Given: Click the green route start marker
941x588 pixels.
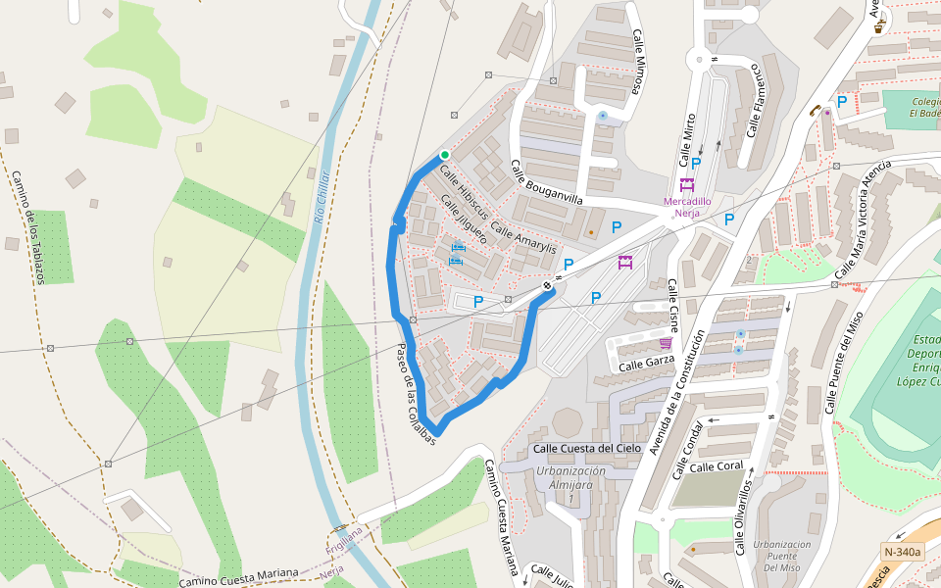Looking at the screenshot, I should coord(445,155).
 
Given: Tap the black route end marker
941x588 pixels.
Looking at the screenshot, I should coord(547,285).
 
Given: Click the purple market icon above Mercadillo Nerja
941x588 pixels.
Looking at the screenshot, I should coord(687,184).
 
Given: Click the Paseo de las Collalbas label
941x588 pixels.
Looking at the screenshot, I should coord(416,396).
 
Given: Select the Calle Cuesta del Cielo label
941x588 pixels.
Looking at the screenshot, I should coord(586,448).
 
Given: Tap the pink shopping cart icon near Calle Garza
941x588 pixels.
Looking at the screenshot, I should coord(666,343).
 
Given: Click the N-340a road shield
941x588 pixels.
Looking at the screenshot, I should coord(902,552).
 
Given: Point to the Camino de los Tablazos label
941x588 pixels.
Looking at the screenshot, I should coord(28,227).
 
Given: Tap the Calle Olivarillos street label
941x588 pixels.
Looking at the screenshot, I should coord(743,517).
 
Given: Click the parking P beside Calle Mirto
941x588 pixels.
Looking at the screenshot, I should coord(696,164).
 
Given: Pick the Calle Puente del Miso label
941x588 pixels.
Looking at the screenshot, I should coord(844,364).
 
